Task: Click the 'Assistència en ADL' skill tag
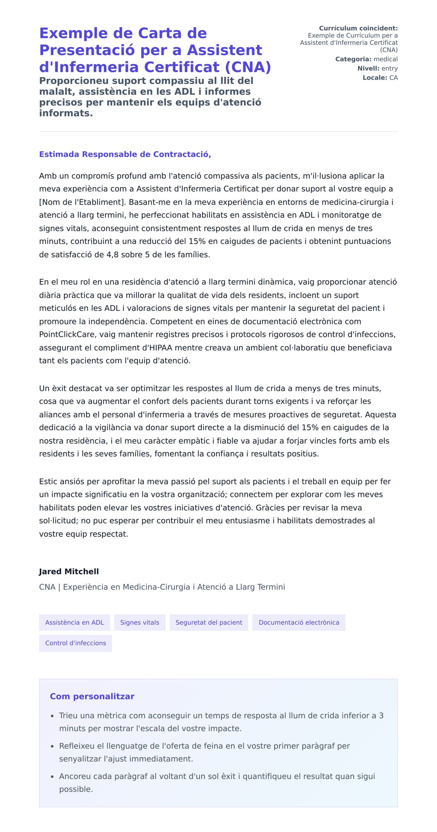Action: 74,622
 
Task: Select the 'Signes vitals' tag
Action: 139,622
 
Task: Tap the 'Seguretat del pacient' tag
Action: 209,622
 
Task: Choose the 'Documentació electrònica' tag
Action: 299,622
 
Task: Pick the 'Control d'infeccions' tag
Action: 75,643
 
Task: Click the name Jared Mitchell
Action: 69,571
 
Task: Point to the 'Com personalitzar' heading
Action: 92,696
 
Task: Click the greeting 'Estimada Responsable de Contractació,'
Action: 125,154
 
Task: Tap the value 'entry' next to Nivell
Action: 389,69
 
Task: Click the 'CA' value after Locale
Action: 393,78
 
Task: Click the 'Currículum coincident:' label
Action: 358,28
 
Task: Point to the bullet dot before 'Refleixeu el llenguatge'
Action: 52,746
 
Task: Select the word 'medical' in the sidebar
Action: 386,59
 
